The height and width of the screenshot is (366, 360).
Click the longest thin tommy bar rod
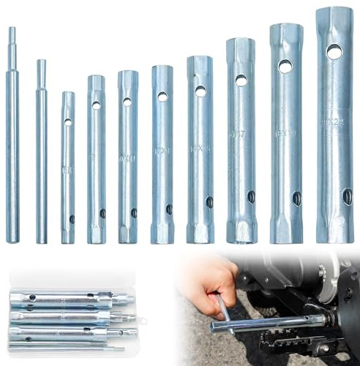click(12, 146)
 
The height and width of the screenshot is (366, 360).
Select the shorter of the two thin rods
click(42, 161)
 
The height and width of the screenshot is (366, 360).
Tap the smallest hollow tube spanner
click(67, 168)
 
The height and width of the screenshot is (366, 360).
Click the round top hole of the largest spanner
click(334, 52)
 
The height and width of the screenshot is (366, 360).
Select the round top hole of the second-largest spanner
click(285, 67)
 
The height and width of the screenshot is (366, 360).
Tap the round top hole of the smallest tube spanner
click(67, 122)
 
